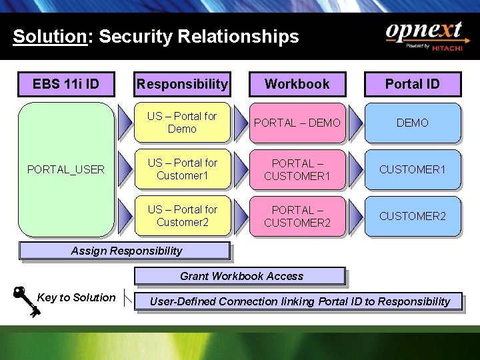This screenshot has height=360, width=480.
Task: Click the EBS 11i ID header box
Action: (66, 84)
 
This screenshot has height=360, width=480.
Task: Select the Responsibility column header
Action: (182, 84)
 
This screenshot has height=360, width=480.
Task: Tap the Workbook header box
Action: (297, 84)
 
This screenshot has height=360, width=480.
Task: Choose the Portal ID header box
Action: (413, 84)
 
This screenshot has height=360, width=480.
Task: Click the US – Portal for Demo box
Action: (182, 123)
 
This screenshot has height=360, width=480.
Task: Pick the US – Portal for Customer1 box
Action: (182, 169)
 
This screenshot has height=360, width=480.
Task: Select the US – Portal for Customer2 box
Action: (182, 216)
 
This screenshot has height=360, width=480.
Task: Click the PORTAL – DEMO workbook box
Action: (297, 123)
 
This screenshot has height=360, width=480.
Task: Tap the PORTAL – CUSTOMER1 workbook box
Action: (297, 169)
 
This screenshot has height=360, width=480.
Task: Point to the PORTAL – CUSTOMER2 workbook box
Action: (297, 216)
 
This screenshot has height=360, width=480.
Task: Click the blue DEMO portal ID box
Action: (413, 123)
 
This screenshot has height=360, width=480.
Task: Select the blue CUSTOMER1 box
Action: (413, 169)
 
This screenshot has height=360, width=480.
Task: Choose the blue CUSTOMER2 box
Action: (413, 216)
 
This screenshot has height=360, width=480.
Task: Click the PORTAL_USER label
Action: (66, 169)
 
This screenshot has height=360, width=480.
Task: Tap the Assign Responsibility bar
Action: (125, 251)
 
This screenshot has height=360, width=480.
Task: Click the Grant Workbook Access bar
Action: (241, 276)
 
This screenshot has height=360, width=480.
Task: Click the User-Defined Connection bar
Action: (299, 301)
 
